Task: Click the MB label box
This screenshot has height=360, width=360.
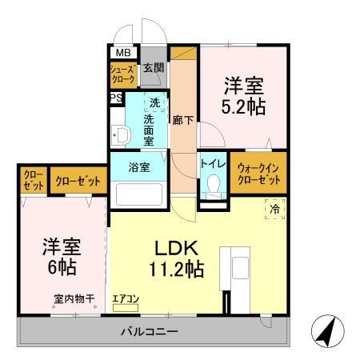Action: pyautogui.click(x=124, y=53)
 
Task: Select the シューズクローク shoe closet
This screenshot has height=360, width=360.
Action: pyautogui.click(x=124, y=75)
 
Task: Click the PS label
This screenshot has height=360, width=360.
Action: pyautogui.click(x=116, y=98)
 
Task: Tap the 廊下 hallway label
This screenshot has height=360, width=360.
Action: pyautogui.click(x=183, y=120)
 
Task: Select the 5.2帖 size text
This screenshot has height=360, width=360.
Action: pyautogui.click(x=244, y=106)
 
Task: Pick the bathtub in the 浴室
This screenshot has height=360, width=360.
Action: pyautogui.click(x=140, y=195)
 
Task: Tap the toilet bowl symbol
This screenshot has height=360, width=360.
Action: pyautogui.click(x=212, y=186)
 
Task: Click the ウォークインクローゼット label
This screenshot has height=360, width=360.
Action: pyautogui.click(x=257, y=174)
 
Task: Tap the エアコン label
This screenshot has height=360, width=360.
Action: pyautogui.click(x=126, y=298)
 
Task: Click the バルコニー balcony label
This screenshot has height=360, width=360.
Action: pyautogui.click(x=150, y=330)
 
